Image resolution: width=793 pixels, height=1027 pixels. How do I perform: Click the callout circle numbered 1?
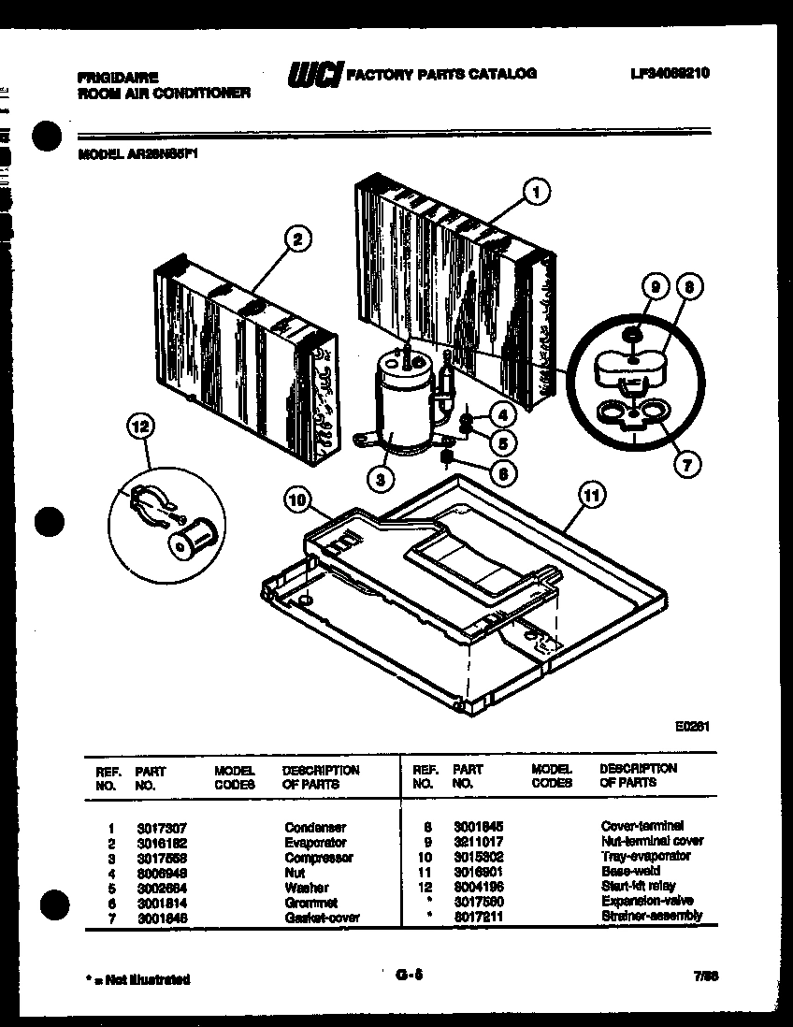(x=536, y=194)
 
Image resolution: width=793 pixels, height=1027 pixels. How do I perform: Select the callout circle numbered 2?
(x=296, y=239)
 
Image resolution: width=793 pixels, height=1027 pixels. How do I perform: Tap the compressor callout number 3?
(x=380, y=480)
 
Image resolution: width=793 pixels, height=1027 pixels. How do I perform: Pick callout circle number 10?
(x=297, y=502)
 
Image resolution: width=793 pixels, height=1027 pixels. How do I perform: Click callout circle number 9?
(x=655, y=288)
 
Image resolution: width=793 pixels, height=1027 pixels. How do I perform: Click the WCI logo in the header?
(x=314, y=74)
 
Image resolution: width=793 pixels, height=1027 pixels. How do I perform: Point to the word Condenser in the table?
(x=315, y=828)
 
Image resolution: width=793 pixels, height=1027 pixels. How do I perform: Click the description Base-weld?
(x=629, y=871)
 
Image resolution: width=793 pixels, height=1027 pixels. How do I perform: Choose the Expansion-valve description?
(x=646, y=901)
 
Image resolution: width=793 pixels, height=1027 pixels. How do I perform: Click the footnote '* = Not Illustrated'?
(x=138, y=979)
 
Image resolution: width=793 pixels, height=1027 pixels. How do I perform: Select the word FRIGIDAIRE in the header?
(x=117, y=78)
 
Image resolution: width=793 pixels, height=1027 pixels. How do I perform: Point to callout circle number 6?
(x=502, y=473)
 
